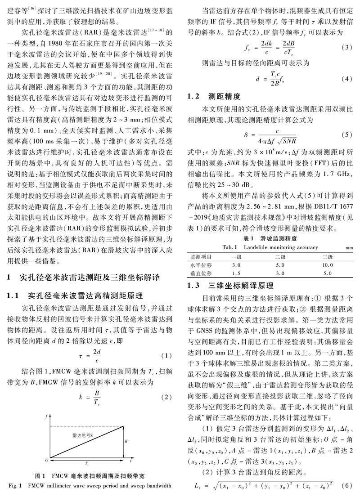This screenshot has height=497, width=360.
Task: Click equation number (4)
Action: pyautogui.click(x=346, y=79)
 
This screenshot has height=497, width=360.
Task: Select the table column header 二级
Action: pyautogui.click(x=280, y=256)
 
